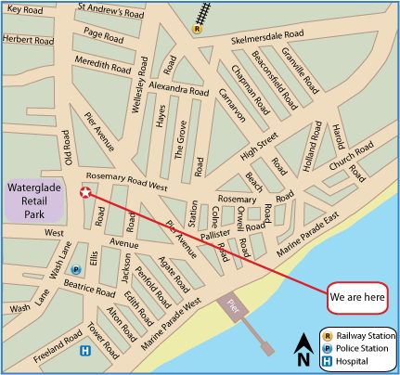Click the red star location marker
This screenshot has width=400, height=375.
click(85, 193)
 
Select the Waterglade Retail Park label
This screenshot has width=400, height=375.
click(34, 200)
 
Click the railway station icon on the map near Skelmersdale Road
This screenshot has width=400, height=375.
click(197, 29)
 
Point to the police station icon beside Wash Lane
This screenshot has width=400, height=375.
click(76, 269)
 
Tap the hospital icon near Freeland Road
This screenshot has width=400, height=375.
click(84, 350)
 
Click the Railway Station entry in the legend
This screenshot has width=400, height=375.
click(357, 335)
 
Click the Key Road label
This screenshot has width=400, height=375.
click(27, 8)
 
